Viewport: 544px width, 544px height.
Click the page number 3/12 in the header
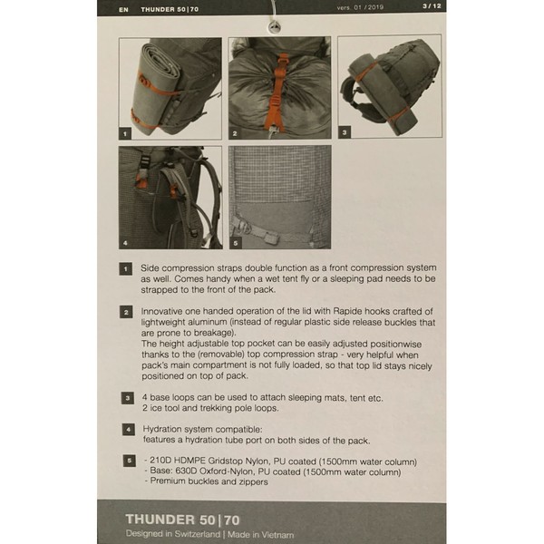tap(432, 6)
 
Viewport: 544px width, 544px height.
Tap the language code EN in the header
tap(123, 10)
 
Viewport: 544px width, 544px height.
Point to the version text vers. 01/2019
tap(360, 7)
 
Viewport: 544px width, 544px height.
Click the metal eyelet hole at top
tap(275, 27)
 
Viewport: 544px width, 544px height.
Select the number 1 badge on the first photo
tap(125, 133)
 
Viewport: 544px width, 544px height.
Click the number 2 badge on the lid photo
tap(235, 133)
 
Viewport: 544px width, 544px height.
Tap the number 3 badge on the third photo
tap(345, 132)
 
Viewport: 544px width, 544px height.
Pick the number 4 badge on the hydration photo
tap(125, 243)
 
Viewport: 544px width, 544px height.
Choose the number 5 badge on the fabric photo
tap(235, 243)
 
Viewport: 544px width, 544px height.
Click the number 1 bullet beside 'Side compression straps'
tap(126, 269)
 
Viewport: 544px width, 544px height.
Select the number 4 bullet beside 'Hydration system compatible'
tap(129, 430)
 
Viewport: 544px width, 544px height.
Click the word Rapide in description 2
tap(347, 311)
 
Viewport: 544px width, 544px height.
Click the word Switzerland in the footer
tap(198, 534)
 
